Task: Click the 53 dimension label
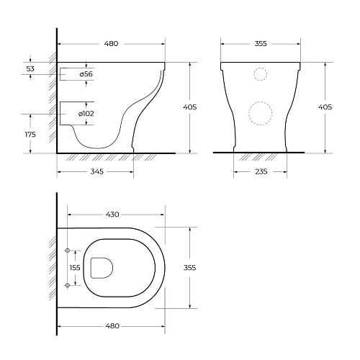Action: [x=30, y=68]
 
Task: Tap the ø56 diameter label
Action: [x=86, y=74]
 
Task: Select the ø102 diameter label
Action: [x=86, y=114]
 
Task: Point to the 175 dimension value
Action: [x=30, y=135]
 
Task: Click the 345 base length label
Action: [x=97, y=171]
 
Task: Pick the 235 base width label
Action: [x=261, y=171]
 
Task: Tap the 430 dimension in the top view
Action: [x=112, y=215]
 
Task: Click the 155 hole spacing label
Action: [x=75, y=268]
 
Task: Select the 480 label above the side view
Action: [x=112, y=44]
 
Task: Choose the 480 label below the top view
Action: [x=112, y=326]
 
